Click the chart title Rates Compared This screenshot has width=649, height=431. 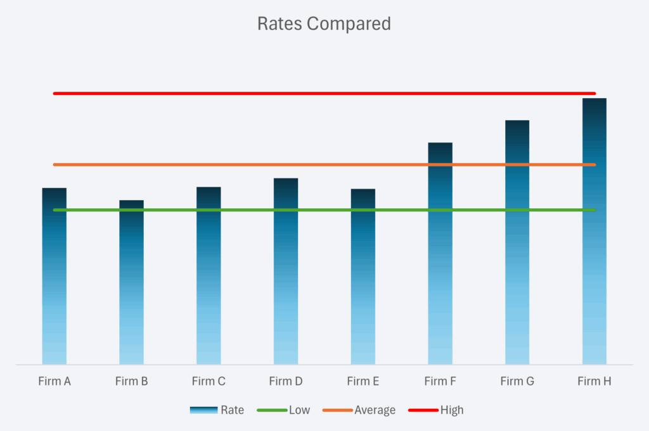(x=324, y=24)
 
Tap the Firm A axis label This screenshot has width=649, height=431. (x=55, y=381)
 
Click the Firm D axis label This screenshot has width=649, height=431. (x=286, y=381)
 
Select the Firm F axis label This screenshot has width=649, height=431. (x=440, y=381)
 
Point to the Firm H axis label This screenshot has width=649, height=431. (x=594, y=381)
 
